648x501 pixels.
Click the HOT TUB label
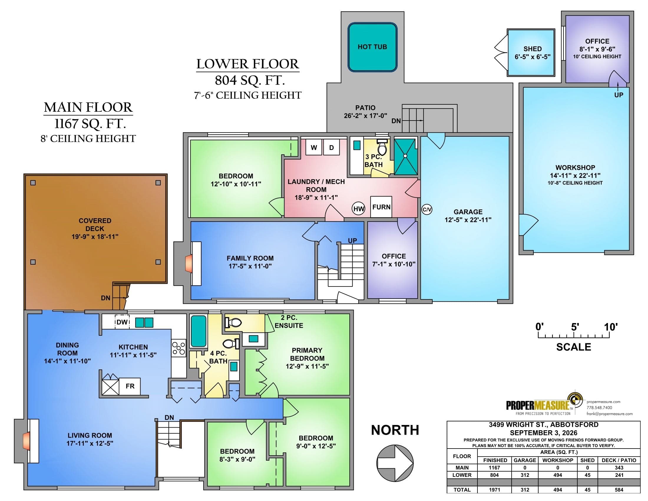372,47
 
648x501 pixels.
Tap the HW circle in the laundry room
359,209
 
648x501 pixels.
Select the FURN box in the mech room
381,207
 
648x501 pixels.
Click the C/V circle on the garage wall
427,210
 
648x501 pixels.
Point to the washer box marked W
314,147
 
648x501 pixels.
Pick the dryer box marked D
332,147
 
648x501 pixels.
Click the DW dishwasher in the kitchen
122,322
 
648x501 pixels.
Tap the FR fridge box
130,386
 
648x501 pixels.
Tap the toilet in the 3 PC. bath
382,147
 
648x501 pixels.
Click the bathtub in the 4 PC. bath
199,331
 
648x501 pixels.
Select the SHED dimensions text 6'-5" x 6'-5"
533,57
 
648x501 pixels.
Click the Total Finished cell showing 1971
495,490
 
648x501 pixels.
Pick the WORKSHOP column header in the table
558,460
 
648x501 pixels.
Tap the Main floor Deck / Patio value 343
619,468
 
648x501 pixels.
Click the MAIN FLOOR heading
88,108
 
